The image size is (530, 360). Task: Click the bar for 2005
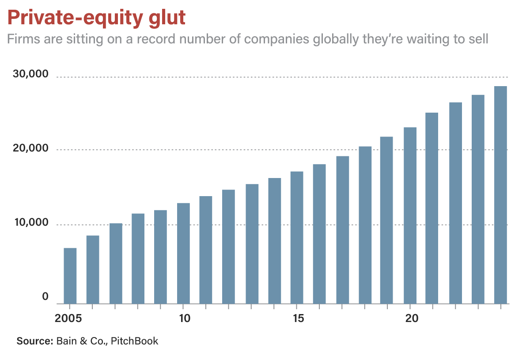click(x=70, y=276)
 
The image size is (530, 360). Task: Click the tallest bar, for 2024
click(x=500, y=195)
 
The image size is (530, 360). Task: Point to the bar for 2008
click(x=138, y=258)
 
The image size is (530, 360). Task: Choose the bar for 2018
click(x=365, y=225)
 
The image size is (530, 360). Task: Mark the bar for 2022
click(x=455, y=203)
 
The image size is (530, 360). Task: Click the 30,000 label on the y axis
click(x=30, y=74)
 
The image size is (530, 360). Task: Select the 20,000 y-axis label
click(x=30, y=149)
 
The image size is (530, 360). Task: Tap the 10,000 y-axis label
click(x=30, y=223)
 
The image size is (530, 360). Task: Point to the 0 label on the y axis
click(x=45, y=297)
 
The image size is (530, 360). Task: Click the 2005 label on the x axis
click(x=69, y=318)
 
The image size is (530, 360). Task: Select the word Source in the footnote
click(x=34, y=341)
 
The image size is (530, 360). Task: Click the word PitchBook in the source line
click(x=134, y=341)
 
